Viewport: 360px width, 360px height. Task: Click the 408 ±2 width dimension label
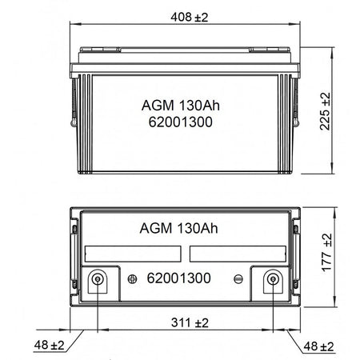pyautogui.click(x=189, y=18)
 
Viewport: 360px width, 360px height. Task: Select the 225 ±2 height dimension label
pyautogui.click(x=325, y=111)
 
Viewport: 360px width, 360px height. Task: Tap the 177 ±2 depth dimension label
pyautogui.click(x=327, y=253)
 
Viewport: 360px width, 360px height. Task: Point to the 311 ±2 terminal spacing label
pyautogui.click(x=190, y=322)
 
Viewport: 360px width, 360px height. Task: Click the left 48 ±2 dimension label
pyautogui.click(x=49, y=345)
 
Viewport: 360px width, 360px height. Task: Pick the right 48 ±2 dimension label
pyautogui.click(x=318, y=346)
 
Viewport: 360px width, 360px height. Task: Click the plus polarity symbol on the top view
pyautogui.click(x=132, y=279)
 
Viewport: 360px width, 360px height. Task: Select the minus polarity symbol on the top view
pyautogui.click(x=238, y=279)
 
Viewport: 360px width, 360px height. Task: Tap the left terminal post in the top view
pyautogui.click(x=98, y=279)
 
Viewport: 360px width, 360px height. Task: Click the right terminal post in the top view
pyautogui.click(x=273, y=279)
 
